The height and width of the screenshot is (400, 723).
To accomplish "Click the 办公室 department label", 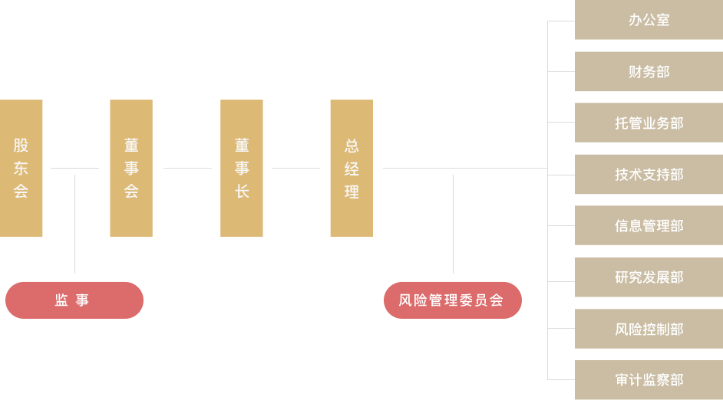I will tap(649, 20).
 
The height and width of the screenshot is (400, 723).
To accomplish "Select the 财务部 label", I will tap(649, 72).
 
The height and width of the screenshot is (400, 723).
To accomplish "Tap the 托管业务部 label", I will tap(649, 123).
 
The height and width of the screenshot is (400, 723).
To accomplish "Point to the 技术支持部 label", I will tap(649, 175).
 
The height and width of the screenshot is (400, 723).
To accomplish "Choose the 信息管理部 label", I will tap(649, 226).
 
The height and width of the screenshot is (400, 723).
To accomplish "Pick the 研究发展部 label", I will tap(649, 277).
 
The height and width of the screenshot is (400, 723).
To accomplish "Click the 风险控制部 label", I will tap(649, 330).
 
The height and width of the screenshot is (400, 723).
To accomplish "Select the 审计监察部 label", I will tap(649, 380).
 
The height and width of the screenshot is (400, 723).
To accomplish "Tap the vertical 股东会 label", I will tap(21, 169).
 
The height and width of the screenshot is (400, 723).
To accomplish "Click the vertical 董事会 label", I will tap(131, 169).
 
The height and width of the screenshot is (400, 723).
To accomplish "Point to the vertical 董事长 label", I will tap(242, 169).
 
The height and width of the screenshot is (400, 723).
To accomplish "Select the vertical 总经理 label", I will tap(352, 169).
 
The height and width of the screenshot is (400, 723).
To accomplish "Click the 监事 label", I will tap(72, 300).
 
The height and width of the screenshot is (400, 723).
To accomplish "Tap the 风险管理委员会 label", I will tap(451, 300).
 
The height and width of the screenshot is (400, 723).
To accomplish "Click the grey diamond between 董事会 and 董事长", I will tap(187, 169).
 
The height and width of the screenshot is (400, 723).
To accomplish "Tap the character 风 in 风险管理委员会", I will tap(405, 300).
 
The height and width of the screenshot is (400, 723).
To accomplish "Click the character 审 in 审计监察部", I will tap(622, 380).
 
